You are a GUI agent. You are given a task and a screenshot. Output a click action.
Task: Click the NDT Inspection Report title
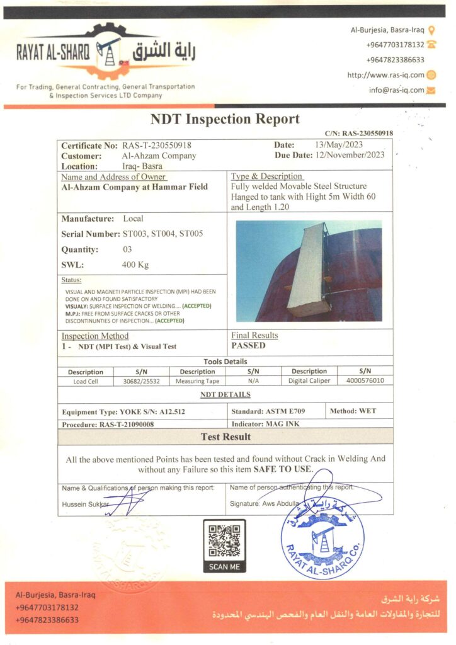[225, 119]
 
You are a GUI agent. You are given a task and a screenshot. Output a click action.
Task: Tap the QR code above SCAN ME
[224, 540]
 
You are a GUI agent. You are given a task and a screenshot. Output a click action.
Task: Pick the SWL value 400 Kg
[135, 265]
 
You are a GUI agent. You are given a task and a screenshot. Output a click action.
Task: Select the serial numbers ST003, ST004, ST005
[163, 234]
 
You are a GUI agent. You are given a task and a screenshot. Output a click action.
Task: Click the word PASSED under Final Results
[248, 346]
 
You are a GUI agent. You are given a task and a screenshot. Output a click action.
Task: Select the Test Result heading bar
[225, 437]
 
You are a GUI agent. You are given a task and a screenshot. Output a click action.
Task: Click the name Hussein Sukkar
[86, 505]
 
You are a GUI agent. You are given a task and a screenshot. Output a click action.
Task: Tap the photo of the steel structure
[309, 271]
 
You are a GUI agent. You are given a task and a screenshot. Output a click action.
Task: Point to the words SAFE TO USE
[283, 470]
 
